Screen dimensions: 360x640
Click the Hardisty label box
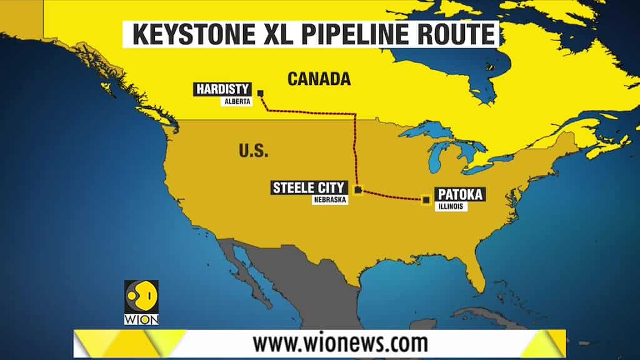pos(223,89)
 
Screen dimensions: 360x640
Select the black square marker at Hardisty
pos(261,94)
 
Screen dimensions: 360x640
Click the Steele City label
pos(308,187)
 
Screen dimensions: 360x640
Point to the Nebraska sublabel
pos(329,200)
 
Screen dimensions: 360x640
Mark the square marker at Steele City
pos(357,189)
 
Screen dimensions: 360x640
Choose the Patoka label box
pos(460,194)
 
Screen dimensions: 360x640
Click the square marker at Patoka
pos(426,199)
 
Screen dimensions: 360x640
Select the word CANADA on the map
pos(318,79)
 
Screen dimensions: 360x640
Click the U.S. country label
pos(253,151)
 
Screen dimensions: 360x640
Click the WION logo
pos(141,302)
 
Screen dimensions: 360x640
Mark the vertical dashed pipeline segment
pos(356,150)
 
